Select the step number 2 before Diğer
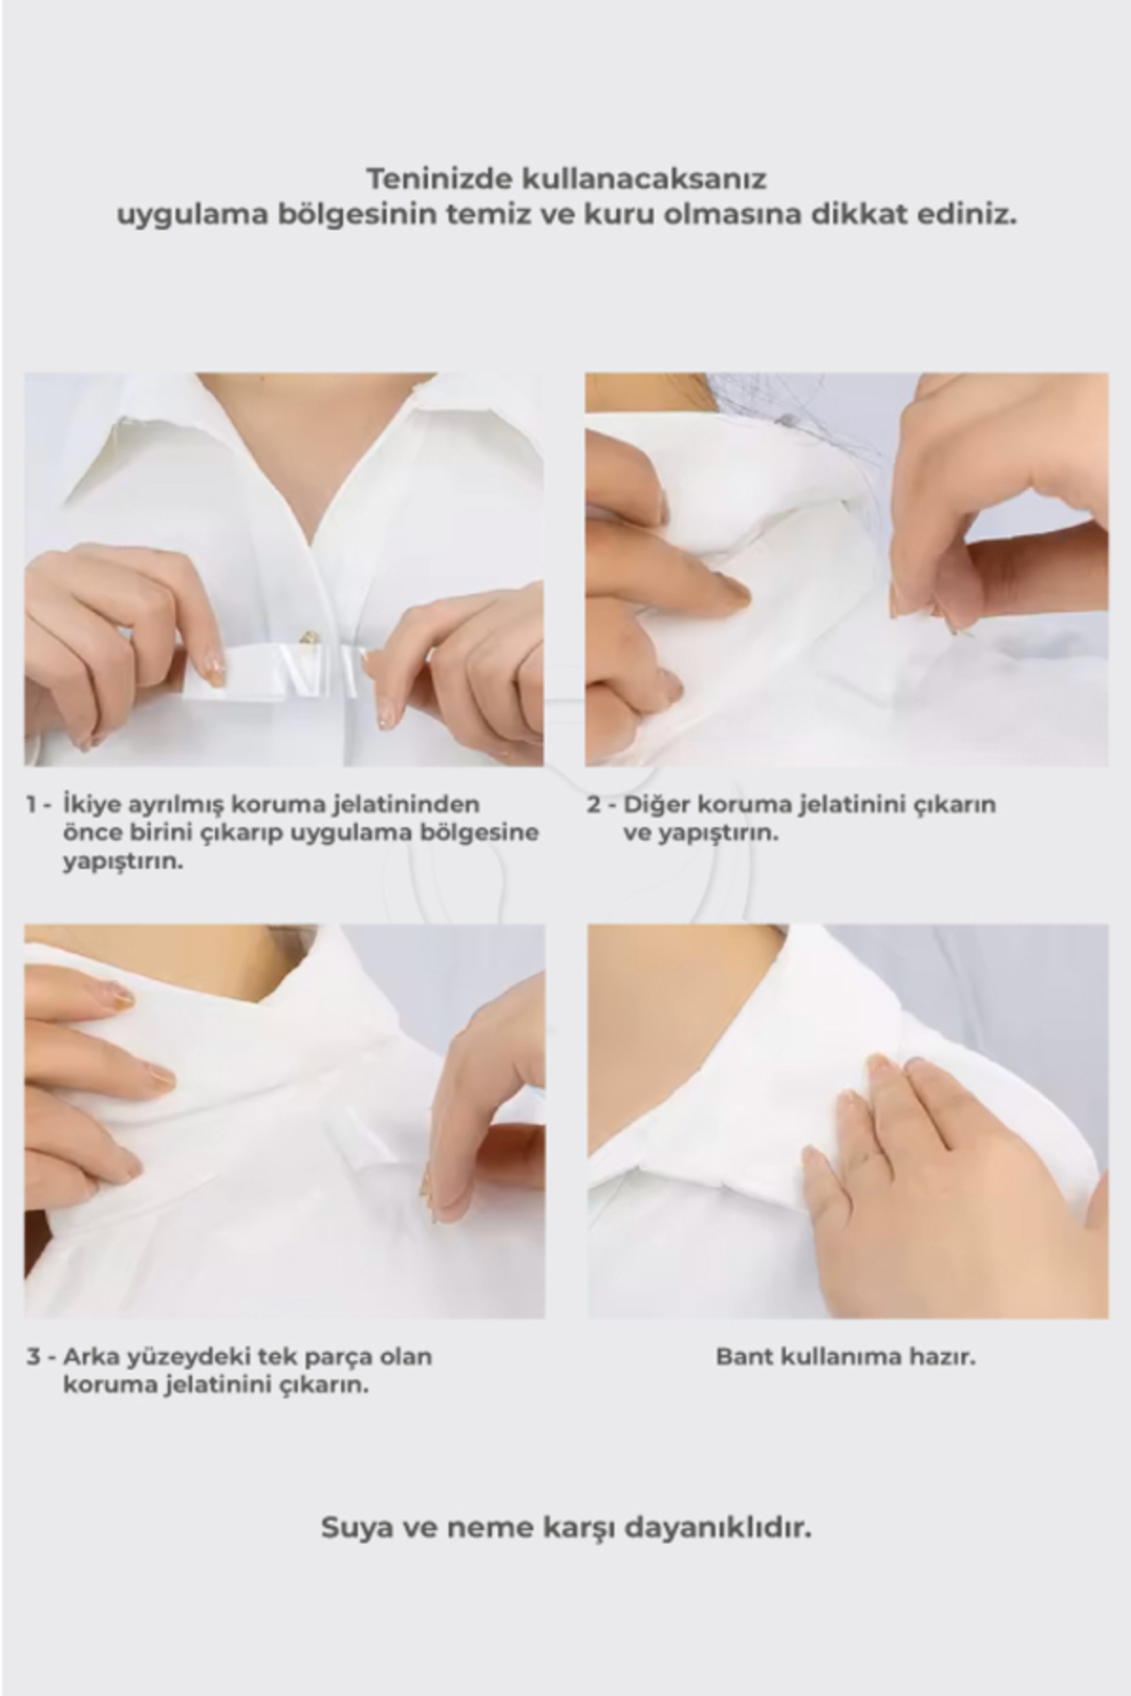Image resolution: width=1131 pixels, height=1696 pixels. click(594, 805)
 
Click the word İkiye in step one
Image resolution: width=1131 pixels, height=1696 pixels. click(88, 806)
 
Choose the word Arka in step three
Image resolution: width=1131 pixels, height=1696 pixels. click(91, 1358)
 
